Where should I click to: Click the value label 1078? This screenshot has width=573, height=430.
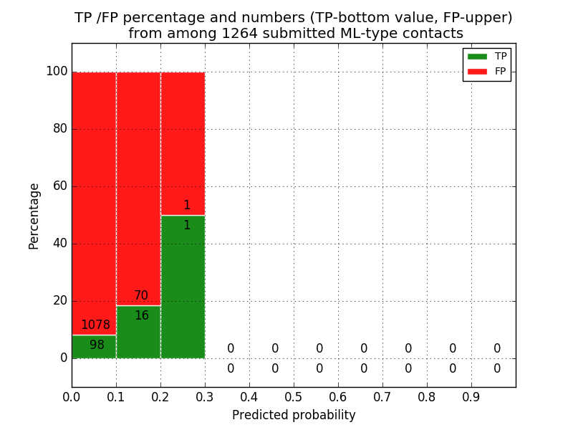coord(95,325)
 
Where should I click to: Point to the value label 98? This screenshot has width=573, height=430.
coord(97,345)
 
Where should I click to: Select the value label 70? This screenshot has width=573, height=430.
coord(141,296)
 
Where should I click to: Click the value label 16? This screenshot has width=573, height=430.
coord(142,316)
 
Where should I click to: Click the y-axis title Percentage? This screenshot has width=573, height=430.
coord(34,216)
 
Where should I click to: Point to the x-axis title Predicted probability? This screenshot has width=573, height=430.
coord(294,415)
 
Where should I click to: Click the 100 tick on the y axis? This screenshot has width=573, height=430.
coord(57,72)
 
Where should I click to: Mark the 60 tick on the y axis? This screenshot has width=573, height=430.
coord(59,186)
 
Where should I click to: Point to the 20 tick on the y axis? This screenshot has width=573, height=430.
coord(59,301)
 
